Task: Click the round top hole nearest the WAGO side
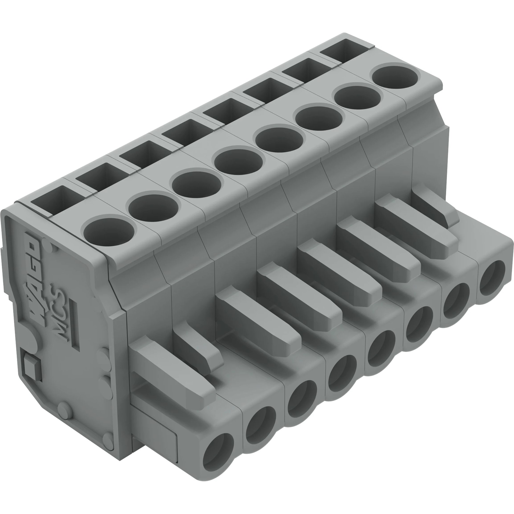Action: (x=109, y=232)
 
